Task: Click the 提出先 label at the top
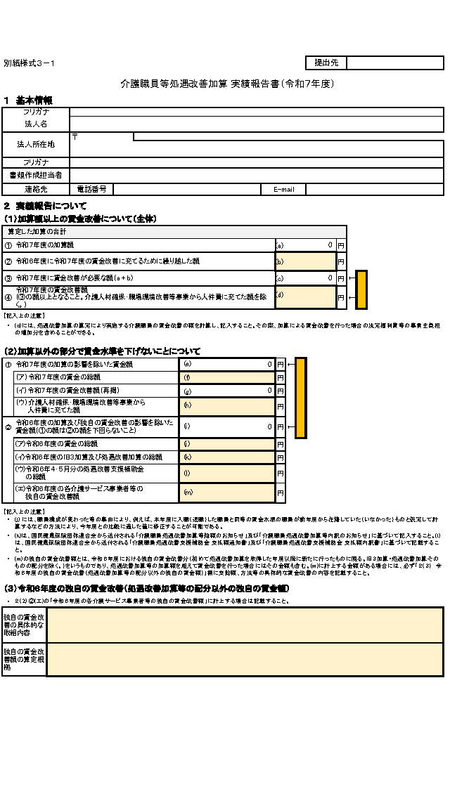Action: [326, 63]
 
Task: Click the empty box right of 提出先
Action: [394, 63]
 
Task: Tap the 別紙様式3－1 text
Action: [29, 63]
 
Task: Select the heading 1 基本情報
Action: [28, 100]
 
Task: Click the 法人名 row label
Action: [36, 124]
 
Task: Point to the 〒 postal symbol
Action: [75, 136]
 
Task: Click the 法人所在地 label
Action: [36, 145]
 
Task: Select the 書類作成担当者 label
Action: [36, 175]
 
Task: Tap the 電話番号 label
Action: [92, 189]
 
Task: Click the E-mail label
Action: [283, 190]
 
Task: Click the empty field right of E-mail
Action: [374, 190]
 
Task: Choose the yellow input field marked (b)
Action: [305, 261]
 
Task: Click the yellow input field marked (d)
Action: [305, 297]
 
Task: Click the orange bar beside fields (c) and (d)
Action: [362, 289]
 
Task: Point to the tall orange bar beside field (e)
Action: [300, 398]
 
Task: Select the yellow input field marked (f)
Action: [228, 377]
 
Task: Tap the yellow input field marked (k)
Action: [228, 457]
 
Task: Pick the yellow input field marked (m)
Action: [228, 493]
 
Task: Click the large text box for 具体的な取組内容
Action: [245, 625]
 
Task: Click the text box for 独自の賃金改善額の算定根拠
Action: [245, 659]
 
